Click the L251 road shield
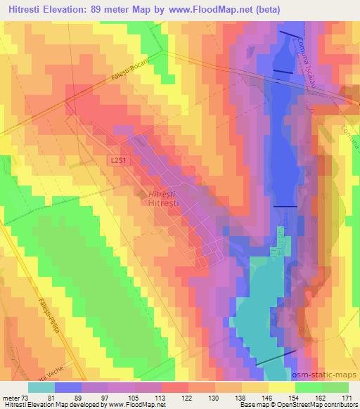pyautogui.click(x=119, y=161)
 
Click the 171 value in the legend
pyautogui.click(x=348, y=397)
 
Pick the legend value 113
pyautogui.click(x=162, y=397)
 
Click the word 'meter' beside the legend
pyautogui.click(x=11, y=397)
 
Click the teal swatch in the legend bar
pyautogui.click(x=41, y=387)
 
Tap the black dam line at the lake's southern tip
pyautogui.click(x=271, y=358)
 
